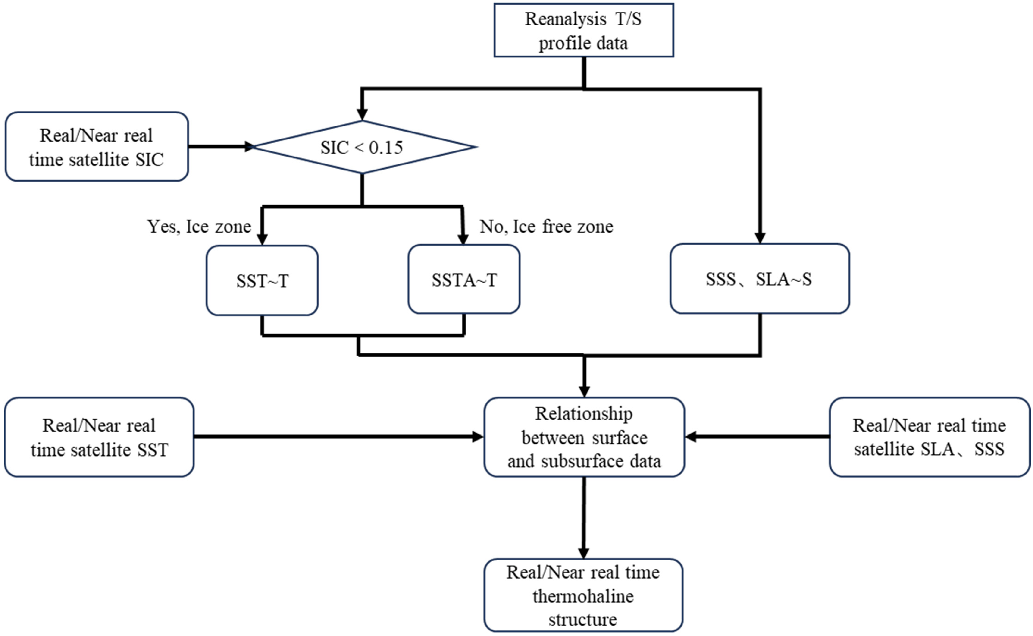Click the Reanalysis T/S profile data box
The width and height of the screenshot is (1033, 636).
(x=584, y=30)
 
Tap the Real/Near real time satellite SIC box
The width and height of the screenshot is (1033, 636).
(x=97, y=147)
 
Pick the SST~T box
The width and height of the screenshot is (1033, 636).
(x=262, y=280)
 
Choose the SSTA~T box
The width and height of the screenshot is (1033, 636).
(x=464, y=280)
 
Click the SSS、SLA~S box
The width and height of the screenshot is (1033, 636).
(x=759, y=279)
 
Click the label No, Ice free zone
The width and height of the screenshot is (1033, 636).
(x=546, y=226)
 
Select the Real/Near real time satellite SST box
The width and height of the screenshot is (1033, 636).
(x=99, y=437)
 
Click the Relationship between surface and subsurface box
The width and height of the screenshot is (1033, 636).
(x=584, y=437)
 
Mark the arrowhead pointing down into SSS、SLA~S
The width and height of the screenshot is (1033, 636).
(x=760, y=238)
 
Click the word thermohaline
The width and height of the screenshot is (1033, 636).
(x=583, y=596)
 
